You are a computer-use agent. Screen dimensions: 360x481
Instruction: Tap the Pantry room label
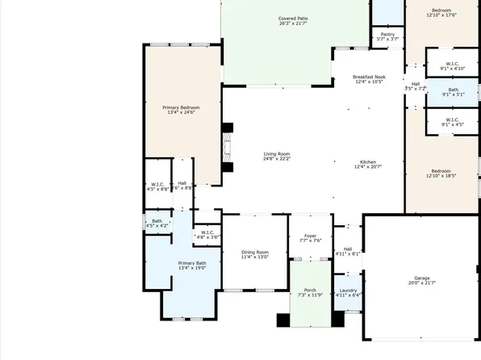pos(387,35)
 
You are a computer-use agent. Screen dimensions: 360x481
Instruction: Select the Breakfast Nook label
pos(367,77)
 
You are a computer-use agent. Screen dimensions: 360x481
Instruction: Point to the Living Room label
pos(276,153)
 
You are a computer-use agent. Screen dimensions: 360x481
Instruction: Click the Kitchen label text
pos(367,161)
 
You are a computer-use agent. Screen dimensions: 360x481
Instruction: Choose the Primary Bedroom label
pos(182,107)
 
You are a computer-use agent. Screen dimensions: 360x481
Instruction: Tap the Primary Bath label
pos(192,263)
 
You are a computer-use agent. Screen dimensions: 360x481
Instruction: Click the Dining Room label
pos(254,253)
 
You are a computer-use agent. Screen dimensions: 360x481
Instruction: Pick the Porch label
pos(310,290)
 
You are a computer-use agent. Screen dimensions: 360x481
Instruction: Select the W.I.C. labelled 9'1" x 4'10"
pos(453,64)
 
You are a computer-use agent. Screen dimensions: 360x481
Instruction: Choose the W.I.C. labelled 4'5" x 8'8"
pos(158,184)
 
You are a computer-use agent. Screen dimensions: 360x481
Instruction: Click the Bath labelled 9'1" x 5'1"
pos(453,90)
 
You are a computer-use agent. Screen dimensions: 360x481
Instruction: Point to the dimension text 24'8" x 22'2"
pos(276,159)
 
